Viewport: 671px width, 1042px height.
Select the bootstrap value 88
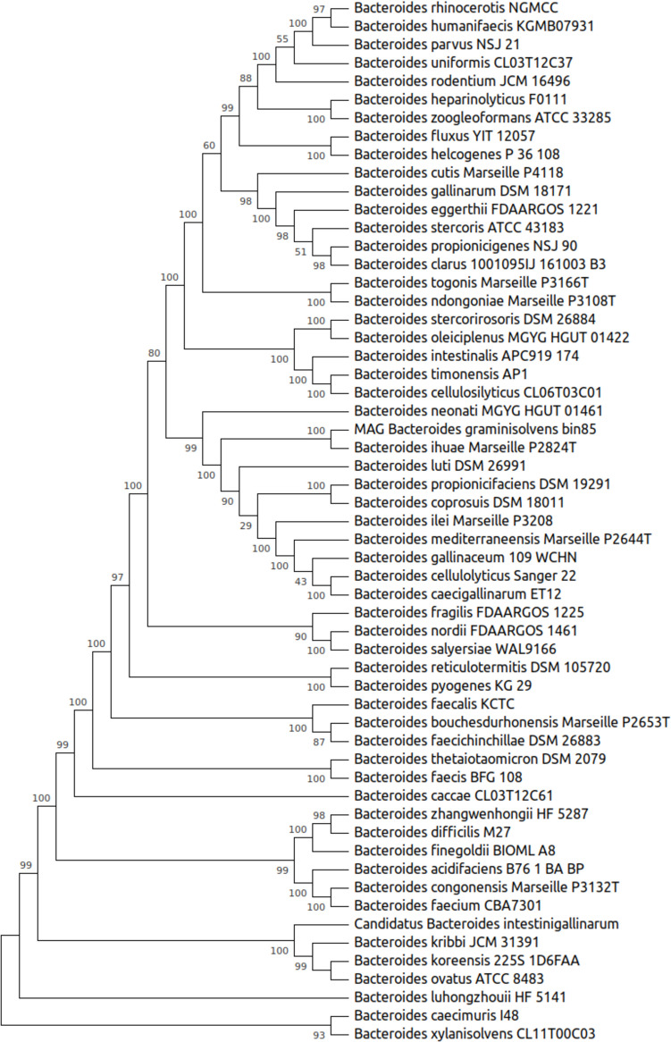click(x=247, y=78)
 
